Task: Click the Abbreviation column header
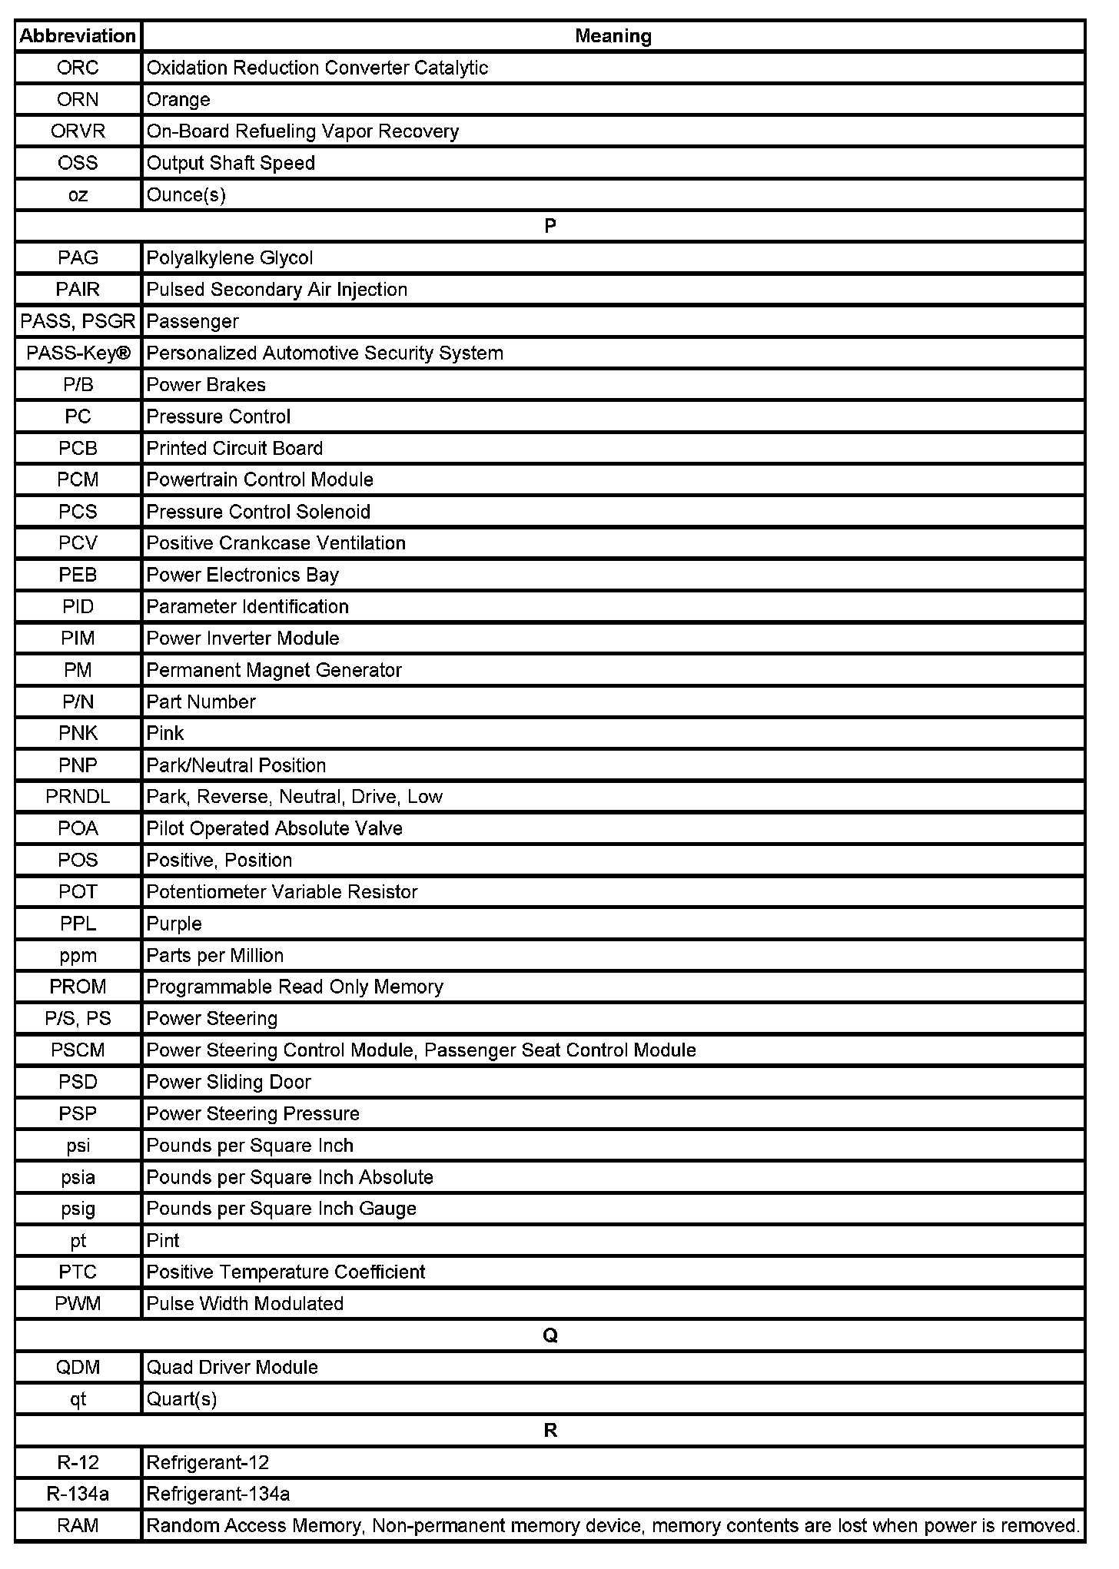tap(78, 36)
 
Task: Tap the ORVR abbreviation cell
tap(78, 131)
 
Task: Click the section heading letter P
tap(550, 226)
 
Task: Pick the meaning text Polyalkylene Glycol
tap(230, 258)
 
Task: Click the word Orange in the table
tap(178, 100)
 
